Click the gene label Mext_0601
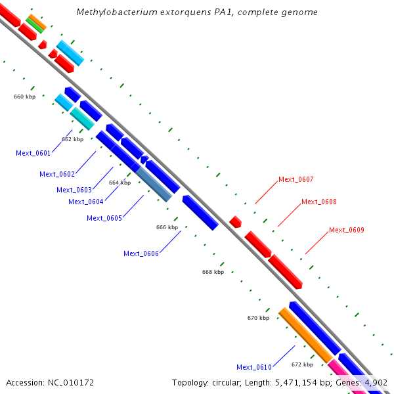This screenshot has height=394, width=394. (x=33, y=153)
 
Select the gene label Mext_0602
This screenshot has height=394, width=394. (x=57, y=174)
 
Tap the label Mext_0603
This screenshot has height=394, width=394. (x=74, y=190)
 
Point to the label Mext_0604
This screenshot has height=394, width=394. (x=86, y=202)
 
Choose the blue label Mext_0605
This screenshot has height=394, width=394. (x=104, y=218)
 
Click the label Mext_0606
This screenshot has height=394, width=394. (x=141, y=253)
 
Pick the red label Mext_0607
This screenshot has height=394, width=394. (x=296, y=179)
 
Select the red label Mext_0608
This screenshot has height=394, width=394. (x=319, y=202)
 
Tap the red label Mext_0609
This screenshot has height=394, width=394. (x=347, y=230)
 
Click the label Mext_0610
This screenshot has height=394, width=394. (x=254, y=367)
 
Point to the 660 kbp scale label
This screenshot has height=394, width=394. (x=24, y=97)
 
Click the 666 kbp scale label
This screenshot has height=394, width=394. (x=167, y=227)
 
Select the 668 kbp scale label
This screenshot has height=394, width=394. (x=213, y=272)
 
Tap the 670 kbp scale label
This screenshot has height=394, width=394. (x=258, y=318)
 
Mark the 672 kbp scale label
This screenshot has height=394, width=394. (x=303, y=364)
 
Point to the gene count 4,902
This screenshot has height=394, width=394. (x=374, y=382)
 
